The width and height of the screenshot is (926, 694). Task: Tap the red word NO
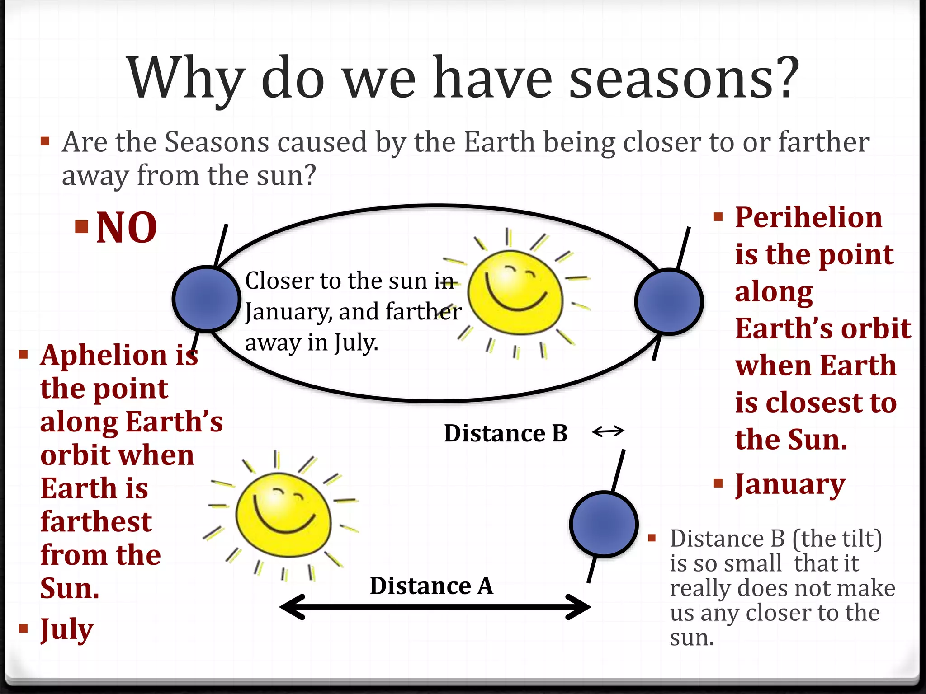click(x=127, y=228)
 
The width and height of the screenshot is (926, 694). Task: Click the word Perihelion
click(x=808, y=218)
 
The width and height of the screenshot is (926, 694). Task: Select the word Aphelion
click(x=104, y=356)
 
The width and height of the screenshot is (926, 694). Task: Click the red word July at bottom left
click(x=67, y=629)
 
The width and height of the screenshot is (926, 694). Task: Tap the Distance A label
click(x=431, y=586)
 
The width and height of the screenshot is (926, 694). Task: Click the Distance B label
click(x=506, y=433)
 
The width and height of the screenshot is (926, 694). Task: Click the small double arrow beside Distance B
click(x=608, y=431)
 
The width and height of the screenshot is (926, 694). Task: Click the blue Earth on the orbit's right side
click(x=669, y=302)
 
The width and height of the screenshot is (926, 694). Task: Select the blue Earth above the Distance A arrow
click(x=604, y=524)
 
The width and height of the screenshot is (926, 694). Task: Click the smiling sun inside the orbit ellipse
click(x=515, y=293)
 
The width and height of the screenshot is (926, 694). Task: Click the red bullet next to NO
click(x=82, y=226)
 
